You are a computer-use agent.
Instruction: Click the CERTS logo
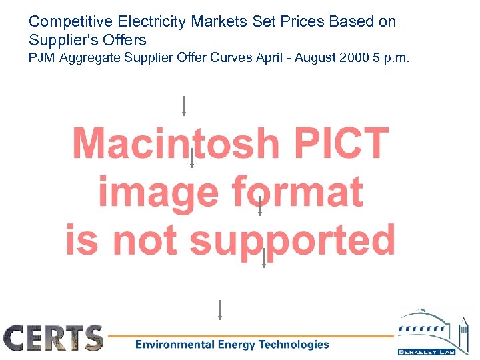tap(54, 338)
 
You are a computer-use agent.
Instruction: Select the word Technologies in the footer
tap(293, 345)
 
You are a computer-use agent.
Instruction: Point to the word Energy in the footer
tap(235, 345)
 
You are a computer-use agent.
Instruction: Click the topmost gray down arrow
tap(184, 105)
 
